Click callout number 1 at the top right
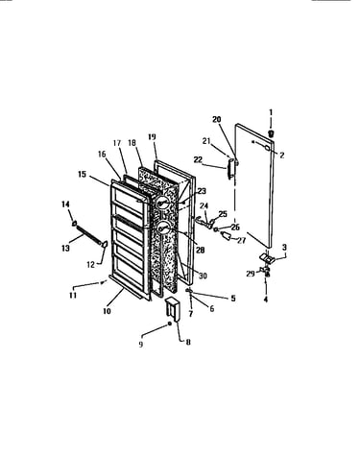click(x=271, y=112)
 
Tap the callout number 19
click(x=152, y=137)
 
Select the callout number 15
click(x=82, y=175)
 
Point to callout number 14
click(x=65, y=204)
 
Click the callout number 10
click(x=107, y=311)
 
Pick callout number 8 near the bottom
click(x=188, y=342)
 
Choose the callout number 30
click(x=203, y=276)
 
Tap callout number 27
click(x=241, y=240)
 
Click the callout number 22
click(x=198, y=159)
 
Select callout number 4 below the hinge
click(x=266, y=300)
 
